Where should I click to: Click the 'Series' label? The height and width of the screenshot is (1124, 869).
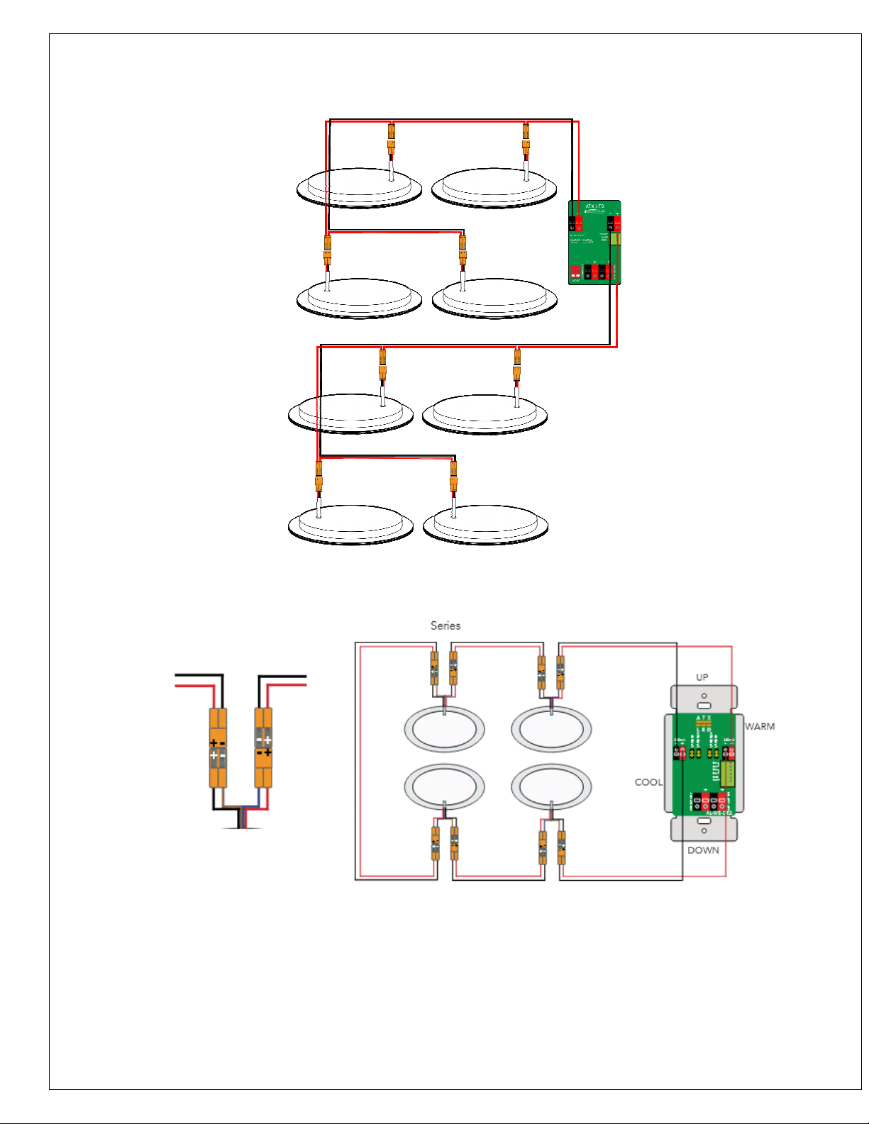445,625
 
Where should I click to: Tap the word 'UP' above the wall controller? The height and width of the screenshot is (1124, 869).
702,677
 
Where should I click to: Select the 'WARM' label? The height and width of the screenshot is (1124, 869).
760,726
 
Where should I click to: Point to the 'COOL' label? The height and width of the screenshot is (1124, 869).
648,782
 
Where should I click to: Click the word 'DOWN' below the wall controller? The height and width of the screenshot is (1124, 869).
703,850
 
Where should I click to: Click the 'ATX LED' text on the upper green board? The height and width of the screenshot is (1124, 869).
594,206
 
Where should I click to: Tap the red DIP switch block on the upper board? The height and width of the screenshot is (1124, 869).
575,272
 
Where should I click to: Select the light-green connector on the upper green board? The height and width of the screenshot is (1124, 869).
615,238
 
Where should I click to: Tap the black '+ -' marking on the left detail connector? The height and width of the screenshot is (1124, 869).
218,742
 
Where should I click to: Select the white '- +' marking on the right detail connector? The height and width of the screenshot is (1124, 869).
263,740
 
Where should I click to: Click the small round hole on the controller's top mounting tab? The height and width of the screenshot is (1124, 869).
704,696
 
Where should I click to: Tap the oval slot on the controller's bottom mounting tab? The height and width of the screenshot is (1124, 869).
704,821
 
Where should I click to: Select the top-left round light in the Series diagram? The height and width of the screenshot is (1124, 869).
444,730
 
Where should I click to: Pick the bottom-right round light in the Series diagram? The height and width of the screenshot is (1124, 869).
551,787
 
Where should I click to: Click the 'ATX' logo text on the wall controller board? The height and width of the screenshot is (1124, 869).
703,718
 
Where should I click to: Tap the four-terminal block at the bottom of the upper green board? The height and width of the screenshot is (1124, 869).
598,272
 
